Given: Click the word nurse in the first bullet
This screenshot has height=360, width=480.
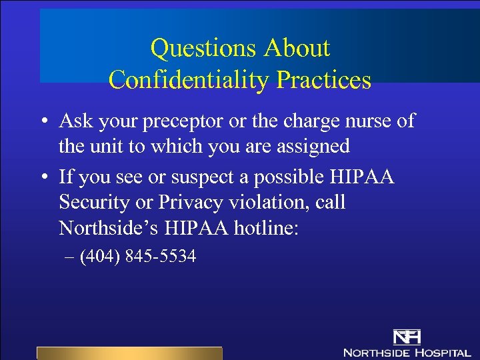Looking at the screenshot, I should point(368,121).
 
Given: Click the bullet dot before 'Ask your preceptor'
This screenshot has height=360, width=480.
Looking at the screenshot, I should point(43,122).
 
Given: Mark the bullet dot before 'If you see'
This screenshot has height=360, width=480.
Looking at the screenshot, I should point(43,178).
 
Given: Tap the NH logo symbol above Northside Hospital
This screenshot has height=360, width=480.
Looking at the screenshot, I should point(406,336).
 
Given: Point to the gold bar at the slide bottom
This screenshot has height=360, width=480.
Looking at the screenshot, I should point(129,353).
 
